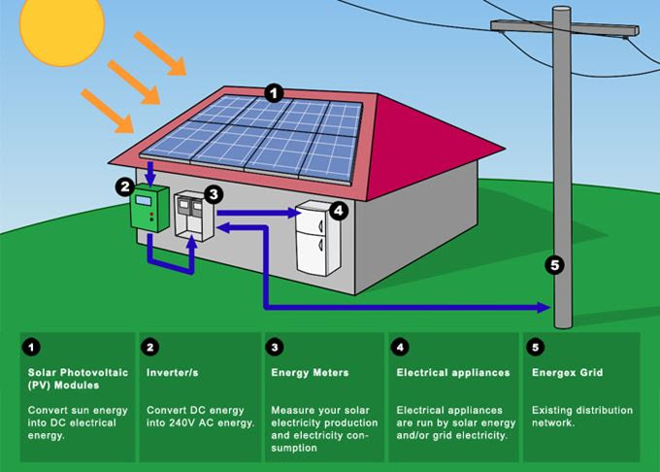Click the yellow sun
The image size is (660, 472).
62,26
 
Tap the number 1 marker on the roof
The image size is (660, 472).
274,93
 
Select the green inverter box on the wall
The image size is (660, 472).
149,209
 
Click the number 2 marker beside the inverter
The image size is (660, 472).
125,186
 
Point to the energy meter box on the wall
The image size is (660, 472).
194,216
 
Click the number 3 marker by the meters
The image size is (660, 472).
214,194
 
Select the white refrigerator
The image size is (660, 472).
317,238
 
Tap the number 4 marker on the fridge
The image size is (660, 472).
340,210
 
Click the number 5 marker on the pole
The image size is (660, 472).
555,265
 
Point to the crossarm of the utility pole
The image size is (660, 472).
565,28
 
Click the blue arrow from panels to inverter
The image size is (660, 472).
150,174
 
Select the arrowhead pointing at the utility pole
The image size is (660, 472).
544,307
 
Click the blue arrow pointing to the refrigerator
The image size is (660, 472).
260,213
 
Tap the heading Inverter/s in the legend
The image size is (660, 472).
172,373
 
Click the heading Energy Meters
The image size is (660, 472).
310,373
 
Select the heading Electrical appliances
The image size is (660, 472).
453,373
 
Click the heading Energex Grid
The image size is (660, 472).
567,373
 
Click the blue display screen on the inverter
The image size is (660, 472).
144,200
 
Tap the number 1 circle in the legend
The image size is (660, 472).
31,348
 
